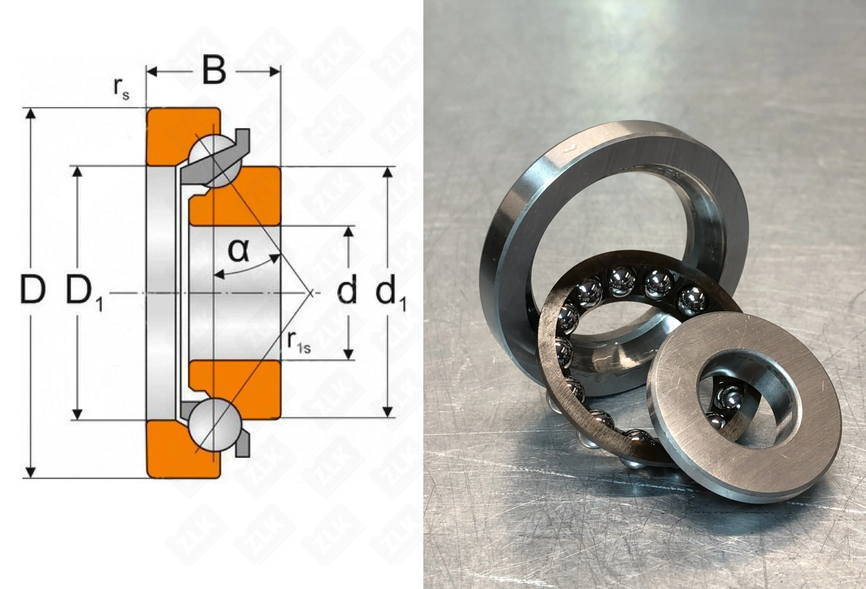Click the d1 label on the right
391,293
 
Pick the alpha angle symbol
238,250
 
